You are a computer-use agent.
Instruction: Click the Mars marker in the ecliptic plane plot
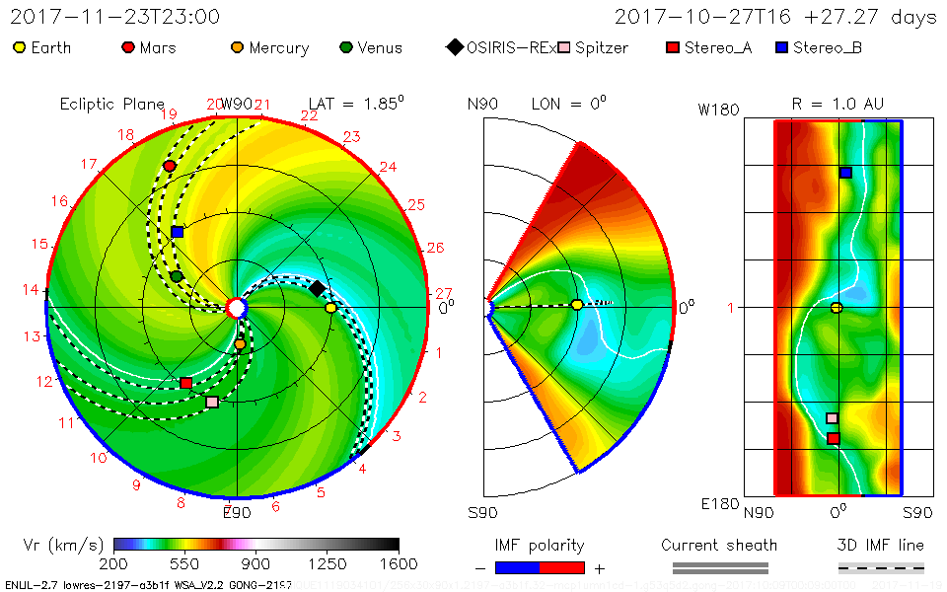coord(170,166)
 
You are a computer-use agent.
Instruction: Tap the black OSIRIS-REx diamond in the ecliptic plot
coord(317,288)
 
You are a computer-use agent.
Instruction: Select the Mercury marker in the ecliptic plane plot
coord(240,344)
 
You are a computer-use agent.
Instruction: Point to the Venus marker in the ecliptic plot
coord(177,277)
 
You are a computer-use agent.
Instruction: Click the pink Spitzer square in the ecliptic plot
coord(212,402)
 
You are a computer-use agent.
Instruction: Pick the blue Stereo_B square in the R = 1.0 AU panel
coord(845,173)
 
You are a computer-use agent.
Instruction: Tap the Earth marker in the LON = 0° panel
coord(577,305)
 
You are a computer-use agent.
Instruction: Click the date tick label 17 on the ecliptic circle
coord(90,164)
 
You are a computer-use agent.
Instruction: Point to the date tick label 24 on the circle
coord(388,167)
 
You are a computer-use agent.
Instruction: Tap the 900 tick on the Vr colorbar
coord(256,564)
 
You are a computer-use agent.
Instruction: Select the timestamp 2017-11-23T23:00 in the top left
coord(114,17)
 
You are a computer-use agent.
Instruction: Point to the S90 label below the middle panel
coord(483,513)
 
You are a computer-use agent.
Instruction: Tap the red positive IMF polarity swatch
coord(563,567)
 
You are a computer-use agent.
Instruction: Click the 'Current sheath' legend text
coord(719,545)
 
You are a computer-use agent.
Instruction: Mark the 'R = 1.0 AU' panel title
coord(838,104)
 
